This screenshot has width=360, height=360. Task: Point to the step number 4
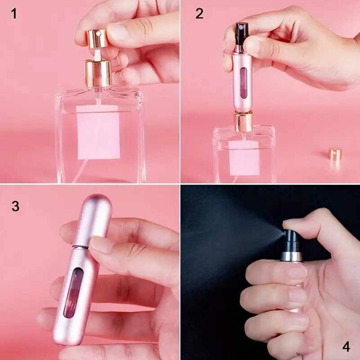[346, 346]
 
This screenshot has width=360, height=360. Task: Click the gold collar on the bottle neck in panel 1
[97, 73]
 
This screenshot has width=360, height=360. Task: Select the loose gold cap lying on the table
[335, 154]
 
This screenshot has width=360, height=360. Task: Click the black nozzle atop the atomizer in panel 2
[242, 29]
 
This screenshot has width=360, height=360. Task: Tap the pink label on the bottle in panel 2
[244, 158]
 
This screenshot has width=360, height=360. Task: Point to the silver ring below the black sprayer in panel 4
[292, 256]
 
